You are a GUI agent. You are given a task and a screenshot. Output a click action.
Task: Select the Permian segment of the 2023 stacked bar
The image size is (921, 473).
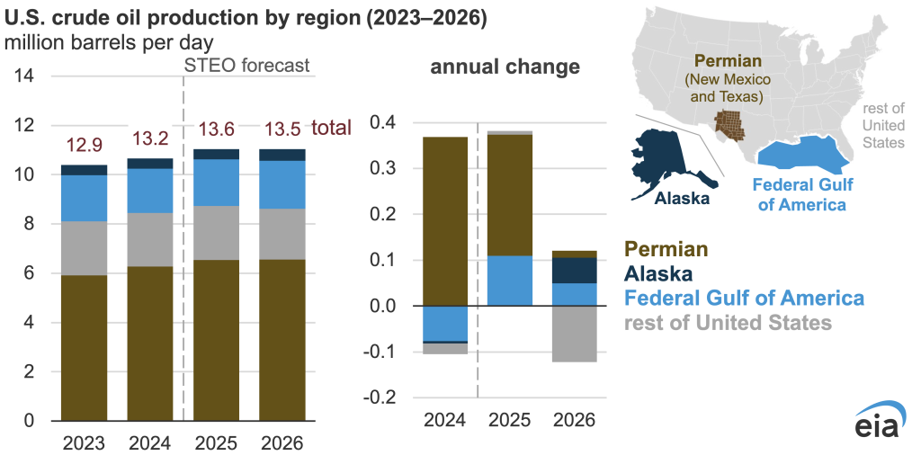point(85,347)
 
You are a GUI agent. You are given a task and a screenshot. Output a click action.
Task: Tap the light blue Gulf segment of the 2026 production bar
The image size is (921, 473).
point(282,184)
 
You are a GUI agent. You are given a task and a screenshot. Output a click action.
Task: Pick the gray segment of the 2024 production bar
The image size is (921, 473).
point(151,239)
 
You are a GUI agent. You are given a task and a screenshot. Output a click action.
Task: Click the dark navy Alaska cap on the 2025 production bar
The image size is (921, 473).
point(217,154)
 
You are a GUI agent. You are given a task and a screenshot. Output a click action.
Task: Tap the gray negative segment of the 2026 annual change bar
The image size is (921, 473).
point(574,335)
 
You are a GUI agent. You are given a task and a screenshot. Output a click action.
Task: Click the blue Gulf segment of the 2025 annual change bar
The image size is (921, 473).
point(509,281)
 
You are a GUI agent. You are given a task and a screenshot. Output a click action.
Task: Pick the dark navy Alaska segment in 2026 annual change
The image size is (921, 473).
point(574,271)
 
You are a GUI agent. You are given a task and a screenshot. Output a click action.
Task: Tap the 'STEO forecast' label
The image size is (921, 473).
point(246,65)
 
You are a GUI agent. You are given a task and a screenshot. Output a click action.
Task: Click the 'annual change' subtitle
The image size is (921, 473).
point(505,67)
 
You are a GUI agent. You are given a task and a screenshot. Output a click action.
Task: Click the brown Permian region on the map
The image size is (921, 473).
point(731,127)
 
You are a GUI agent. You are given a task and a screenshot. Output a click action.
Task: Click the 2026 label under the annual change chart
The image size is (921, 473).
point(574,420)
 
